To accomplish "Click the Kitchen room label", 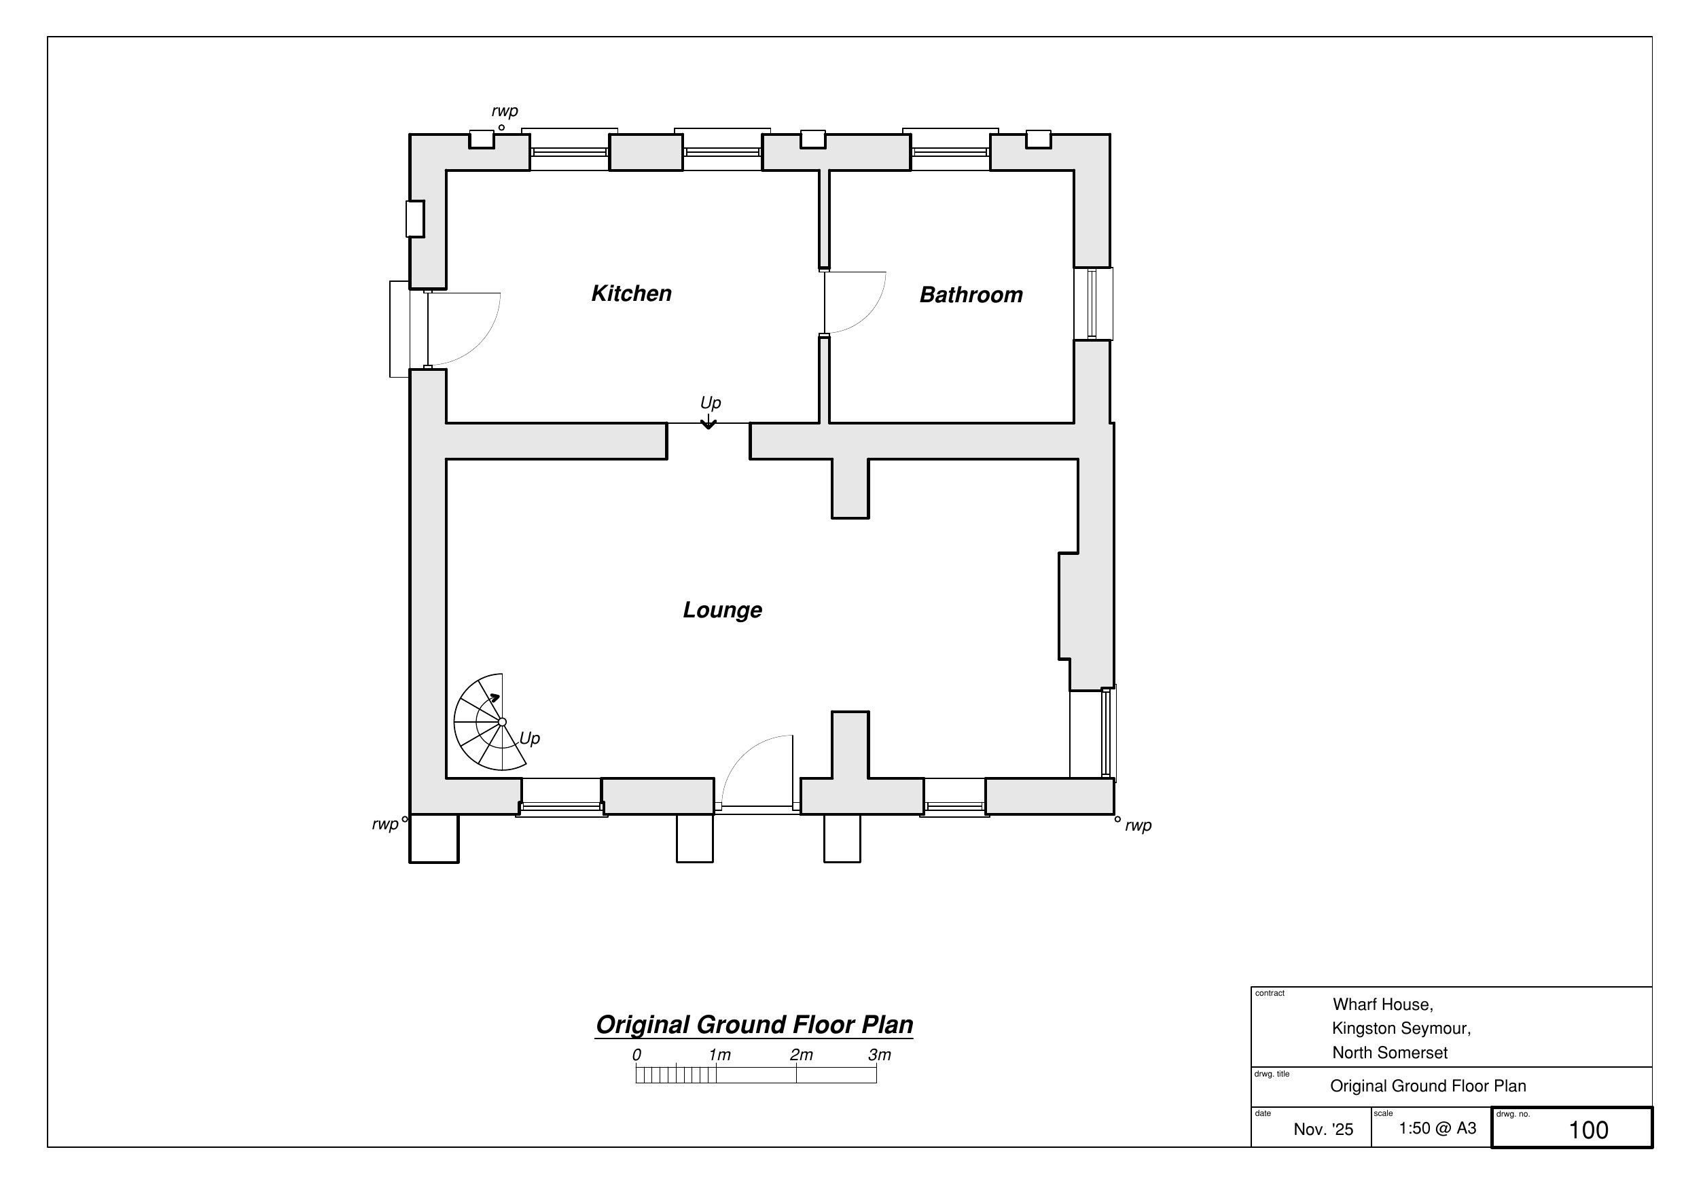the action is [632, 294].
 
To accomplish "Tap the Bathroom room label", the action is [971, 295].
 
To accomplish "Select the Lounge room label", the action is [723, 611].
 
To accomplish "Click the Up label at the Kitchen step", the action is [710, 403].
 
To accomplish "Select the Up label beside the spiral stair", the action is [529, 739].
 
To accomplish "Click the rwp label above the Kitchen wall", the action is [505, 111].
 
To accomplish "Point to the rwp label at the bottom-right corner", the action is [1138, 825].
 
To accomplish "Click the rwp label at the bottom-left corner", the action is [384, 825].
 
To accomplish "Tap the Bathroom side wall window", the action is [1093, 304].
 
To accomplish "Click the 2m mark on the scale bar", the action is [796, 1074].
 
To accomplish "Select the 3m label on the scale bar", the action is [879, 1055].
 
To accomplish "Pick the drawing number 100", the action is [1588, 1130].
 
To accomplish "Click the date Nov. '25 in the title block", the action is [1323, 1130].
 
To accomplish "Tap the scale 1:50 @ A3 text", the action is [1437, 1128].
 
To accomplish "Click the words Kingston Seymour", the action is [1401, 1029].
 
